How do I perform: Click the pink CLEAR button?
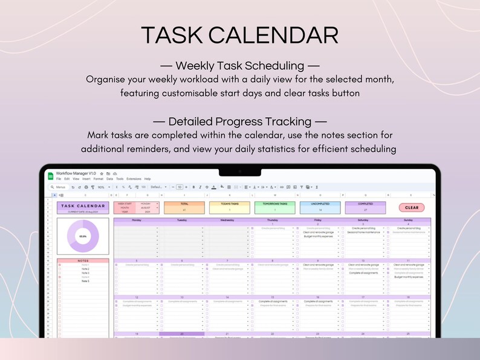411,208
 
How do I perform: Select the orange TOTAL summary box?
184,207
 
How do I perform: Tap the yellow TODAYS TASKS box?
229,207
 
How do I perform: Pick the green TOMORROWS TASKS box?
274,207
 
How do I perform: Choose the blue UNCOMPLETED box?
319,207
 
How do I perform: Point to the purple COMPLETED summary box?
365,207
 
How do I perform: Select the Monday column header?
136,220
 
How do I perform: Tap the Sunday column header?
410,220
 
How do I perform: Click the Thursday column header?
273,220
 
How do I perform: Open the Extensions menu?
134,179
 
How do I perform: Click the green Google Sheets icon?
51,176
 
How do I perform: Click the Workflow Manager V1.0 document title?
77,173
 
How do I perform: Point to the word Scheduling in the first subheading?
271,66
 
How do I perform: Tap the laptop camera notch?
239,171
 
